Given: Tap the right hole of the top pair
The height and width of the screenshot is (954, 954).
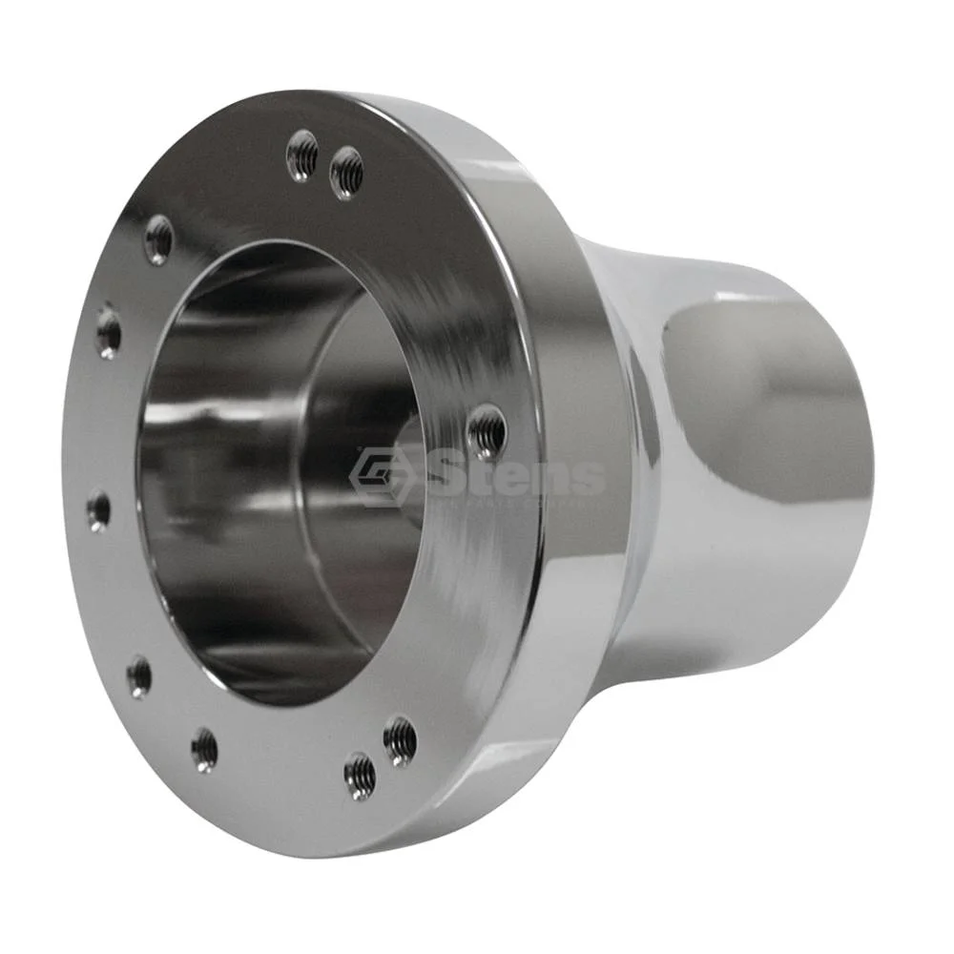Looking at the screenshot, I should coord(346,173).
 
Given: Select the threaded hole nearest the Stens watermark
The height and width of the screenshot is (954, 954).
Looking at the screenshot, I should coord(487,431).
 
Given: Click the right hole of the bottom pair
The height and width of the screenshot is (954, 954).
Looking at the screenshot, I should coord(400,739).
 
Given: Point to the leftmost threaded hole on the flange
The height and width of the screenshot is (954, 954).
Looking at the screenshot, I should coord(98,510).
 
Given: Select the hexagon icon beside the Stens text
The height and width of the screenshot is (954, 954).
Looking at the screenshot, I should coord(379,476).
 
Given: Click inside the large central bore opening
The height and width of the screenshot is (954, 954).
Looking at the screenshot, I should coord(258,477).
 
